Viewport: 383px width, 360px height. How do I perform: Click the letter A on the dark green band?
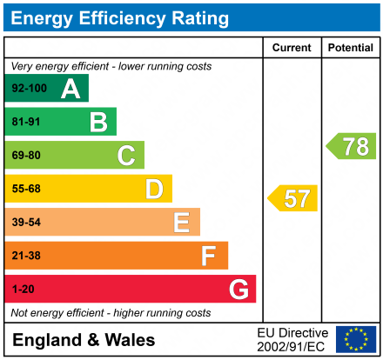(71, 89)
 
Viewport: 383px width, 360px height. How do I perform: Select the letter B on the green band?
(98, 122)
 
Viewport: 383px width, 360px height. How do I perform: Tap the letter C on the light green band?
(126, 156)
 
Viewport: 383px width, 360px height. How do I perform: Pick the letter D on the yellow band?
(154, 189)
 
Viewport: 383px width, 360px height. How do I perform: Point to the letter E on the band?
(181, 223)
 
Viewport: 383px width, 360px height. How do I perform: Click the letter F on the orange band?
(209, 256)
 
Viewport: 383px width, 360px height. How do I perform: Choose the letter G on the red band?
(238, 289)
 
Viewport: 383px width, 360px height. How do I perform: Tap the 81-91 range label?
(26, 122)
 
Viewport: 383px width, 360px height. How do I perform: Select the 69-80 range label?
(26, 156)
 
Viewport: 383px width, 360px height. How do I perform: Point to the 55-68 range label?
(26, 189)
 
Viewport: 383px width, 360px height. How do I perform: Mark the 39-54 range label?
(26, 223)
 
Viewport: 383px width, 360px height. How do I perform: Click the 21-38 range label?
(26, 256)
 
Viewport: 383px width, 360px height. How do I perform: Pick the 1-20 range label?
(23, 289)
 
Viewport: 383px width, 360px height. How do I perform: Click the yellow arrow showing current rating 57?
(293, 198)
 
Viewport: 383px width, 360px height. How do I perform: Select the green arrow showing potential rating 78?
(352, 146)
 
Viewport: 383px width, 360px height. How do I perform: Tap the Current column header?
(292, 48)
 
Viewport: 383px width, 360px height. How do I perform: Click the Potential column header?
(350, 48)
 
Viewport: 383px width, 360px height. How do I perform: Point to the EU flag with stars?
(356, 339)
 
